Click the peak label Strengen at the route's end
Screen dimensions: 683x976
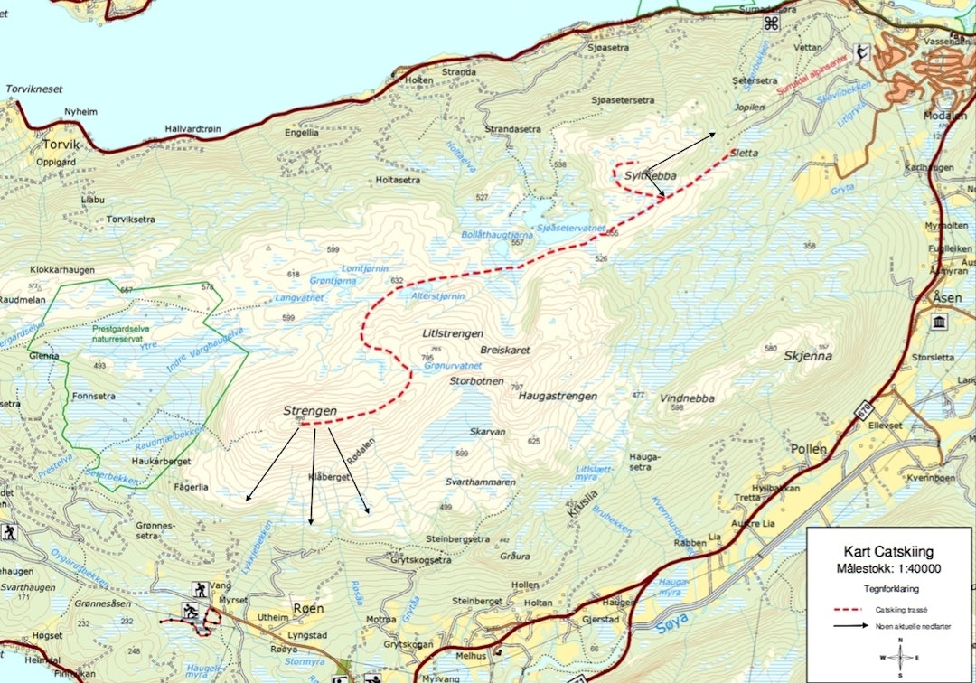click(x=310, y=411)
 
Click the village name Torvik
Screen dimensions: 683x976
click(x=61, y=144)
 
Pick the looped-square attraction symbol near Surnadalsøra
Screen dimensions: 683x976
click(x=771, y=23)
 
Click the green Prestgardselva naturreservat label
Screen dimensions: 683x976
click(x=127, y=334)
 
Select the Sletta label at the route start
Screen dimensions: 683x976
click(x=744, y=154)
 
